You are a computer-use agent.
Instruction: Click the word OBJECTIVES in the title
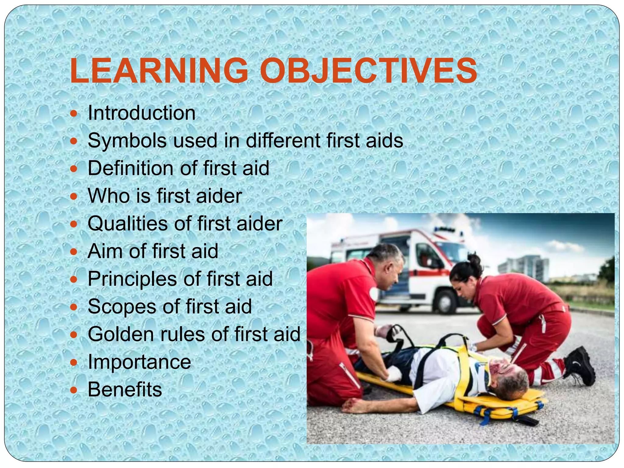pos(368,71)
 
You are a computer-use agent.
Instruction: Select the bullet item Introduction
pos(141,113)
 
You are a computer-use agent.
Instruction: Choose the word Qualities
pos(127,224)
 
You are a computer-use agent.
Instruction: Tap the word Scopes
pos(122,307)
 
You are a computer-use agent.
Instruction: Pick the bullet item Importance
pos(139,362)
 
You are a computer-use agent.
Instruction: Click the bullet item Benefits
pos(125,390)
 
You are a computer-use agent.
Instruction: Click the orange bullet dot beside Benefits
pos(74,390)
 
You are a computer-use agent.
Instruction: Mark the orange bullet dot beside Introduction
pos(74,114)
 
